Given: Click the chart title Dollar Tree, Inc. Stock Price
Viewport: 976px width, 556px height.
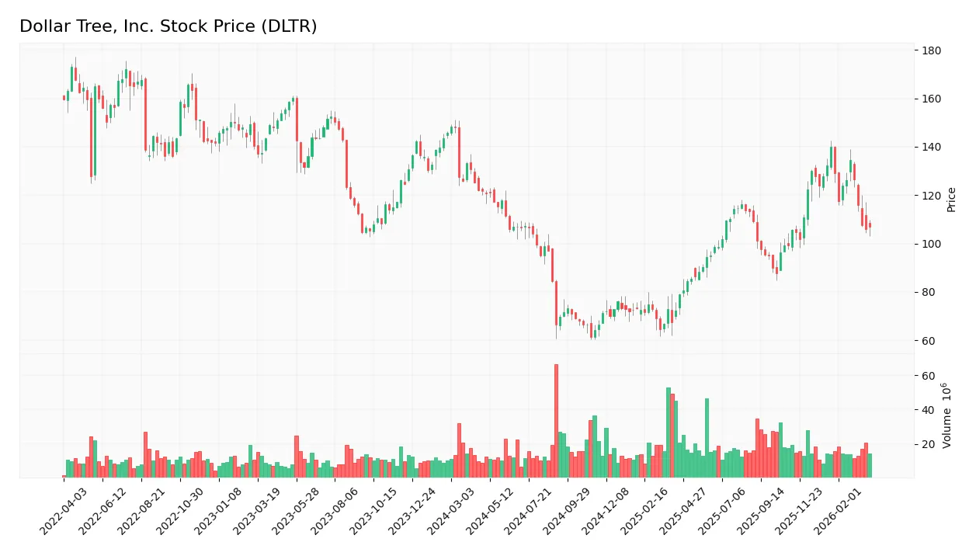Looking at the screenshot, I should coord(168,26).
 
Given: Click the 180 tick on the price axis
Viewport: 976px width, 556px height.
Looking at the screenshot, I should coord(931,51).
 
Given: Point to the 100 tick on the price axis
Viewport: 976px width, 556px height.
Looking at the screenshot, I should coord(931,245).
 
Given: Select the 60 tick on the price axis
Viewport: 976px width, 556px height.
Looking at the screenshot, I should coord(929,341).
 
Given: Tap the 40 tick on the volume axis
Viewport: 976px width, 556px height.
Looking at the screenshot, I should coord(929,410).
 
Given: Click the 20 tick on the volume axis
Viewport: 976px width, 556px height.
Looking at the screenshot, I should coord(929,445).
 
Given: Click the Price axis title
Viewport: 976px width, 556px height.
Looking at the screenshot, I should coord(952,200).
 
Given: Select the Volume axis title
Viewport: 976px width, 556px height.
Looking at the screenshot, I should coord(948,415).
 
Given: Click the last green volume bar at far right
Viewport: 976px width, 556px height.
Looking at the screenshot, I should coord(870,465).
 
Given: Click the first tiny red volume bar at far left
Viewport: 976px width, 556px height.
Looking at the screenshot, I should coord(64,476).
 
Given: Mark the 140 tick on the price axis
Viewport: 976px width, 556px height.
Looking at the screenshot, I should coord(931,148).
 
